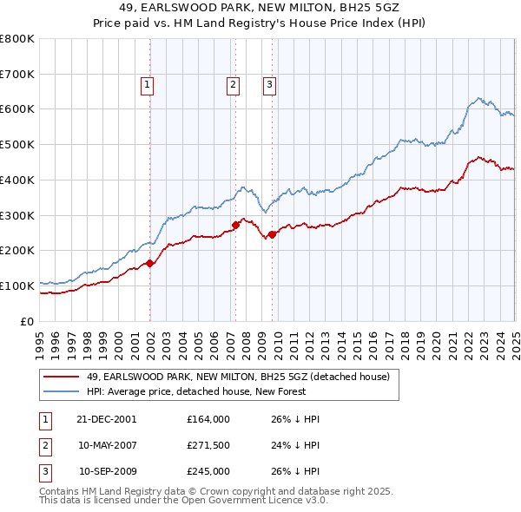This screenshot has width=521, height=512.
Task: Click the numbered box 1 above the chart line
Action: click(148, 85)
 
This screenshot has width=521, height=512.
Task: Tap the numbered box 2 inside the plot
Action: click(234, 85)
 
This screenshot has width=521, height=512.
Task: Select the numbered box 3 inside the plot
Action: click(270, 85)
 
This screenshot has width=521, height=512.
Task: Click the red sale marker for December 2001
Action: click(150, 263)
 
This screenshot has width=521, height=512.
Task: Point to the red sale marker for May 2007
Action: click(235, 225)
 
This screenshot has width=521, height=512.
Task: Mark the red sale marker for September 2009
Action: click(273, 234)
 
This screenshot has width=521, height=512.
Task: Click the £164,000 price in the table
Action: click(208, 418)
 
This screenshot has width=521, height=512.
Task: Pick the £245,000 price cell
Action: click(208, 472)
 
